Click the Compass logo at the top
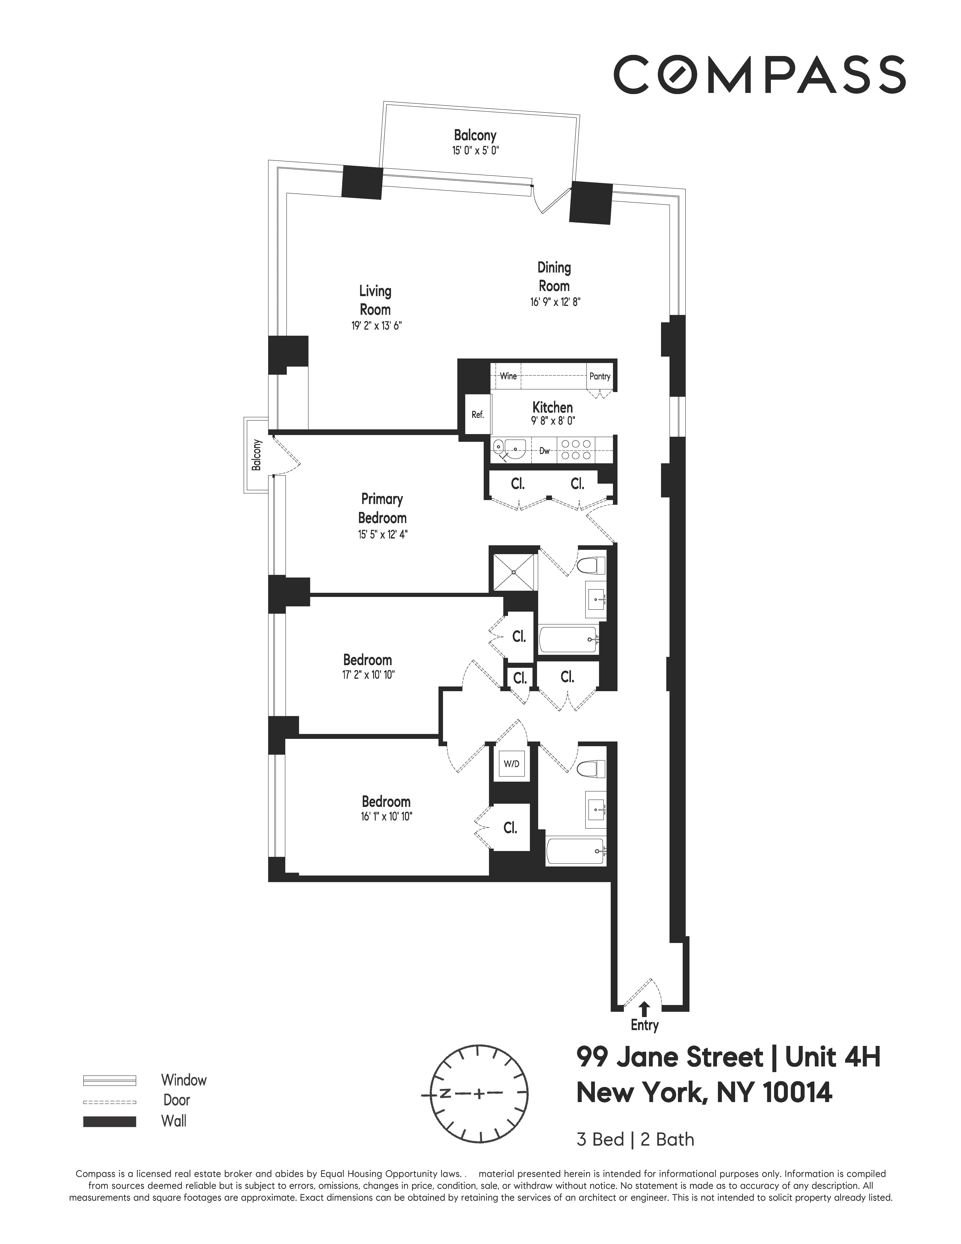[759, 75]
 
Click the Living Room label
[375, 300]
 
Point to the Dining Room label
[554, 276]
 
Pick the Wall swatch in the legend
[109, 1121]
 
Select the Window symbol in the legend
[109, 1080]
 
